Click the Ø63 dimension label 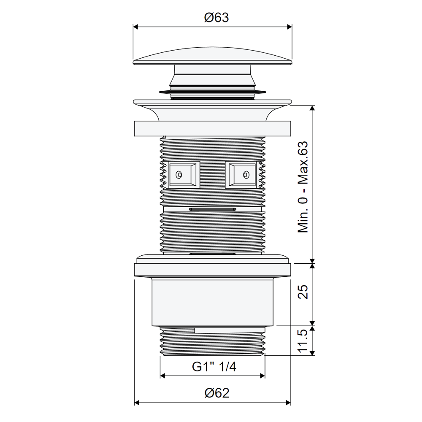pos(216,17)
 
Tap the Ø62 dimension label pos(217,393)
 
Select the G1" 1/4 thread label pos(214,367)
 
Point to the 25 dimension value pos(303,292)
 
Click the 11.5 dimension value pos(303,341)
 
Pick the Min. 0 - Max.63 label pos(303,187)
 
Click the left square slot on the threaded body pos(184,175)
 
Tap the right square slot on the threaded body pos(241,175)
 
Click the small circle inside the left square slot pos(179,175)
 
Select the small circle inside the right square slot pos(246,175)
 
